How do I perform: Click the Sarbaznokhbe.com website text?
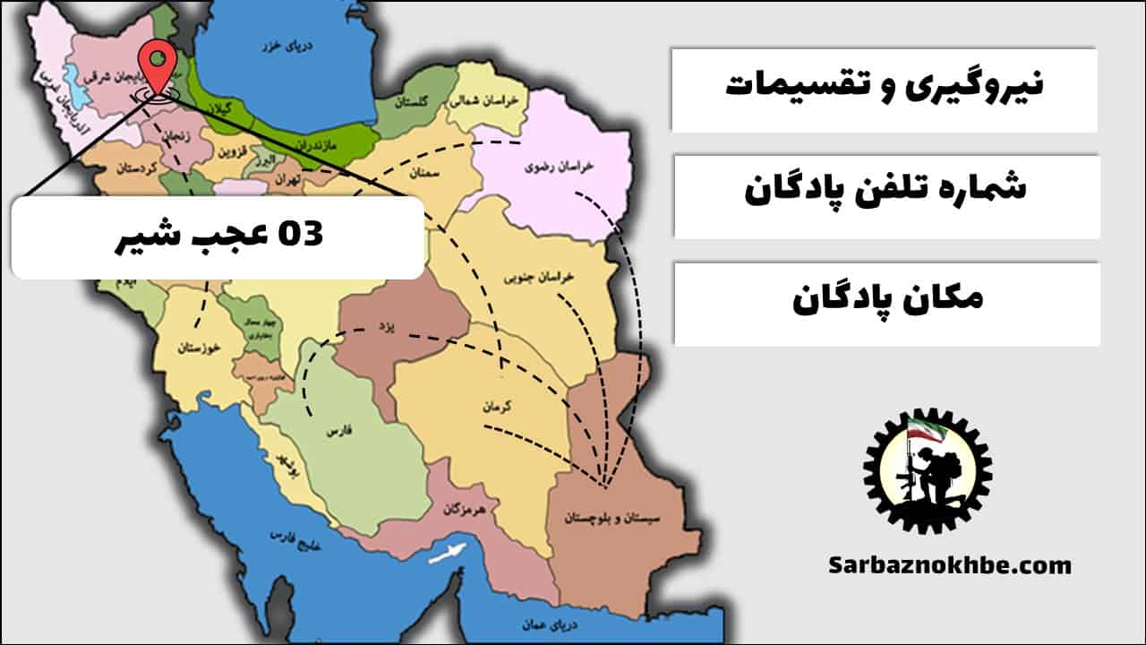tap(950, 565)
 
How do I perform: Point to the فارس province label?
tap(337, 432)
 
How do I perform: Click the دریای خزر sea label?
tap(277, 45)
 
